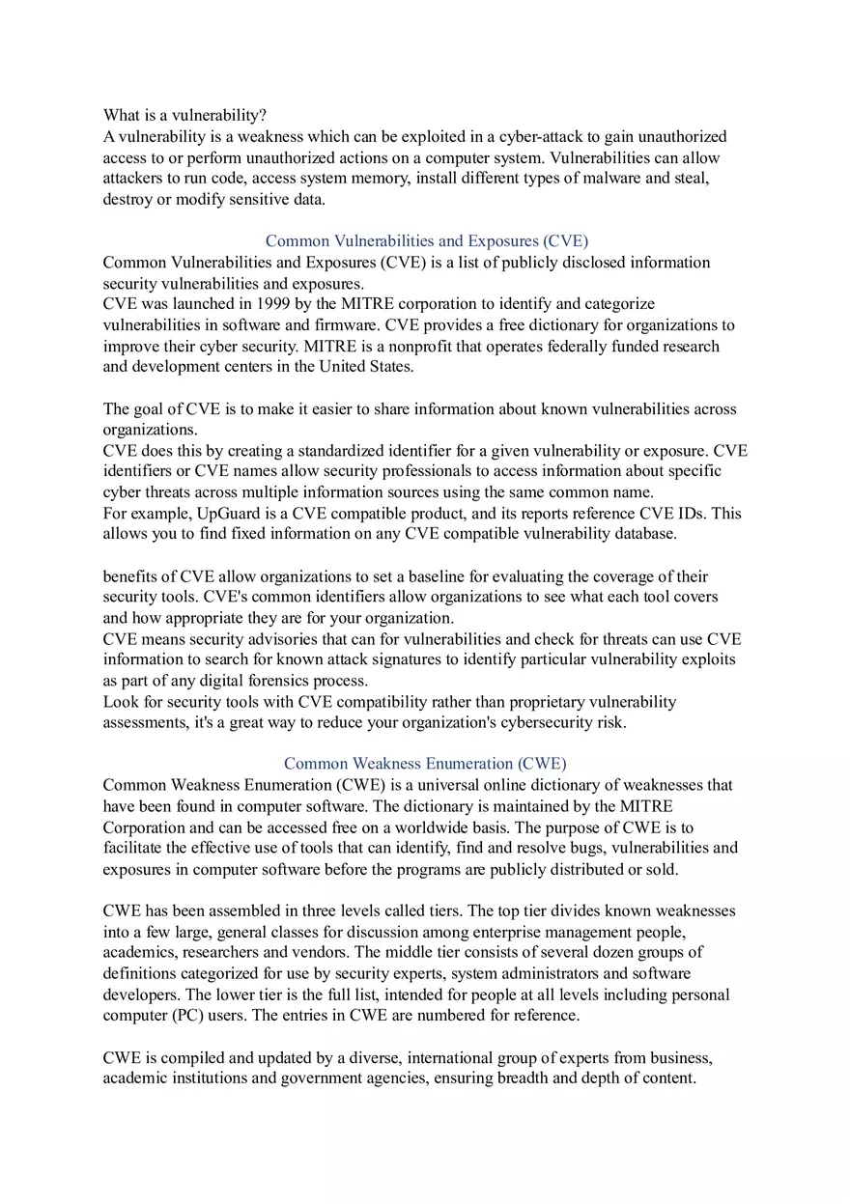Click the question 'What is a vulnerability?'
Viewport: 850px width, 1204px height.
point(178,116)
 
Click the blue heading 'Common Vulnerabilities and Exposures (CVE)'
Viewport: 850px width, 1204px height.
point(426,240)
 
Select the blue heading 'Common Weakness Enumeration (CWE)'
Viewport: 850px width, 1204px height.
point(425,764)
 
